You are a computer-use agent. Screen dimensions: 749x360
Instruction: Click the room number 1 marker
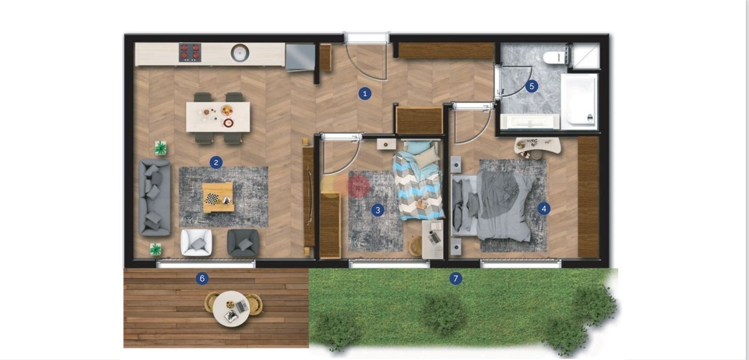365,94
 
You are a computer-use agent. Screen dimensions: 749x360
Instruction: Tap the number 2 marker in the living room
216,162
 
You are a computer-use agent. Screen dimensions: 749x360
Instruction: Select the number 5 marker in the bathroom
532,86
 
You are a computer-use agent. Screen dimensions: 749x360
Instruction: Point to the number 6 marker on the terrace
202,279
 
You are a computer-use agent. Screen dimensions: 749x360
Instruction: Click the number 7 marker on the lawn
456,279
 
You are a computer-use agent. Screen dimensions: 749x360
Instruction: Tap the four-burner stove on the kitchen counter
190,52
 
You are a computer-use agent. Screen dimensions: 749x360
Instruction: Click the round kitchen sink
240,53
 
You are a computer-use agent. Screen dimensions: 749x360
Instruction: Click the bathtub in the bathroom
579,101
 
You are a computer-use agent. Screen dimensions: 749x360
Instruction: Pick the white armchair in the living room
196,242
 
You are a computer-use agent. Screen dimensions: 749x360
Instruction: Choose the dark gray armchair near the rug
243,242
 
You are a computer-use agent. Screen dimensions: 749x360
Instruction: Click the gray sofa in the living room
154,198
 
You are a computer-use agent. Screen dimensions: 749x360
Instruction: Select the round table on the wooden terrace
231,309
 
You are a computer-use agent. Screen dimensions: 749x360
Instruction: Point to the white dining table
218,117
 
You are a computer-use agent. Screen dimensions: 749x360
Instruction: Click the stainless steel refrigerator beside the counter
300,57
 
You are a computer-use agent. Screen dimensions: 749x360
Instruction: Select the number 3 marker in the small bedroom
378,210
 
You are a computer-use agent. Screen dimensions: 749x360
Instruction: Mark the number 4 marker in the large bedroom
544,209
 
